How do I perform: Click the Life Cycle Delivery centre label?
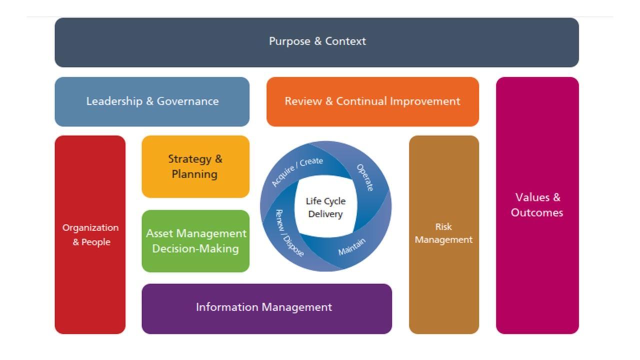(x=325, y=207)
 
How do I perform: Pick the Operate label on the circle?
(x=365, y=177)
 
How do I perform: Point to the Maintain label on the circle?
(x=352, y=246)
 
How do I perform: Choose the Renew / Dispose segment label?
(x=289, y=233)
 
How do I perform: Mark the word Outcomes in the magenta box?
(x=537, y=212)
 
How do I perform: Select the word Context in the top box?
(x=345, y=41)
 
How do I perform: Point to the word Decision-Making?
(x=195, y=248)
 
